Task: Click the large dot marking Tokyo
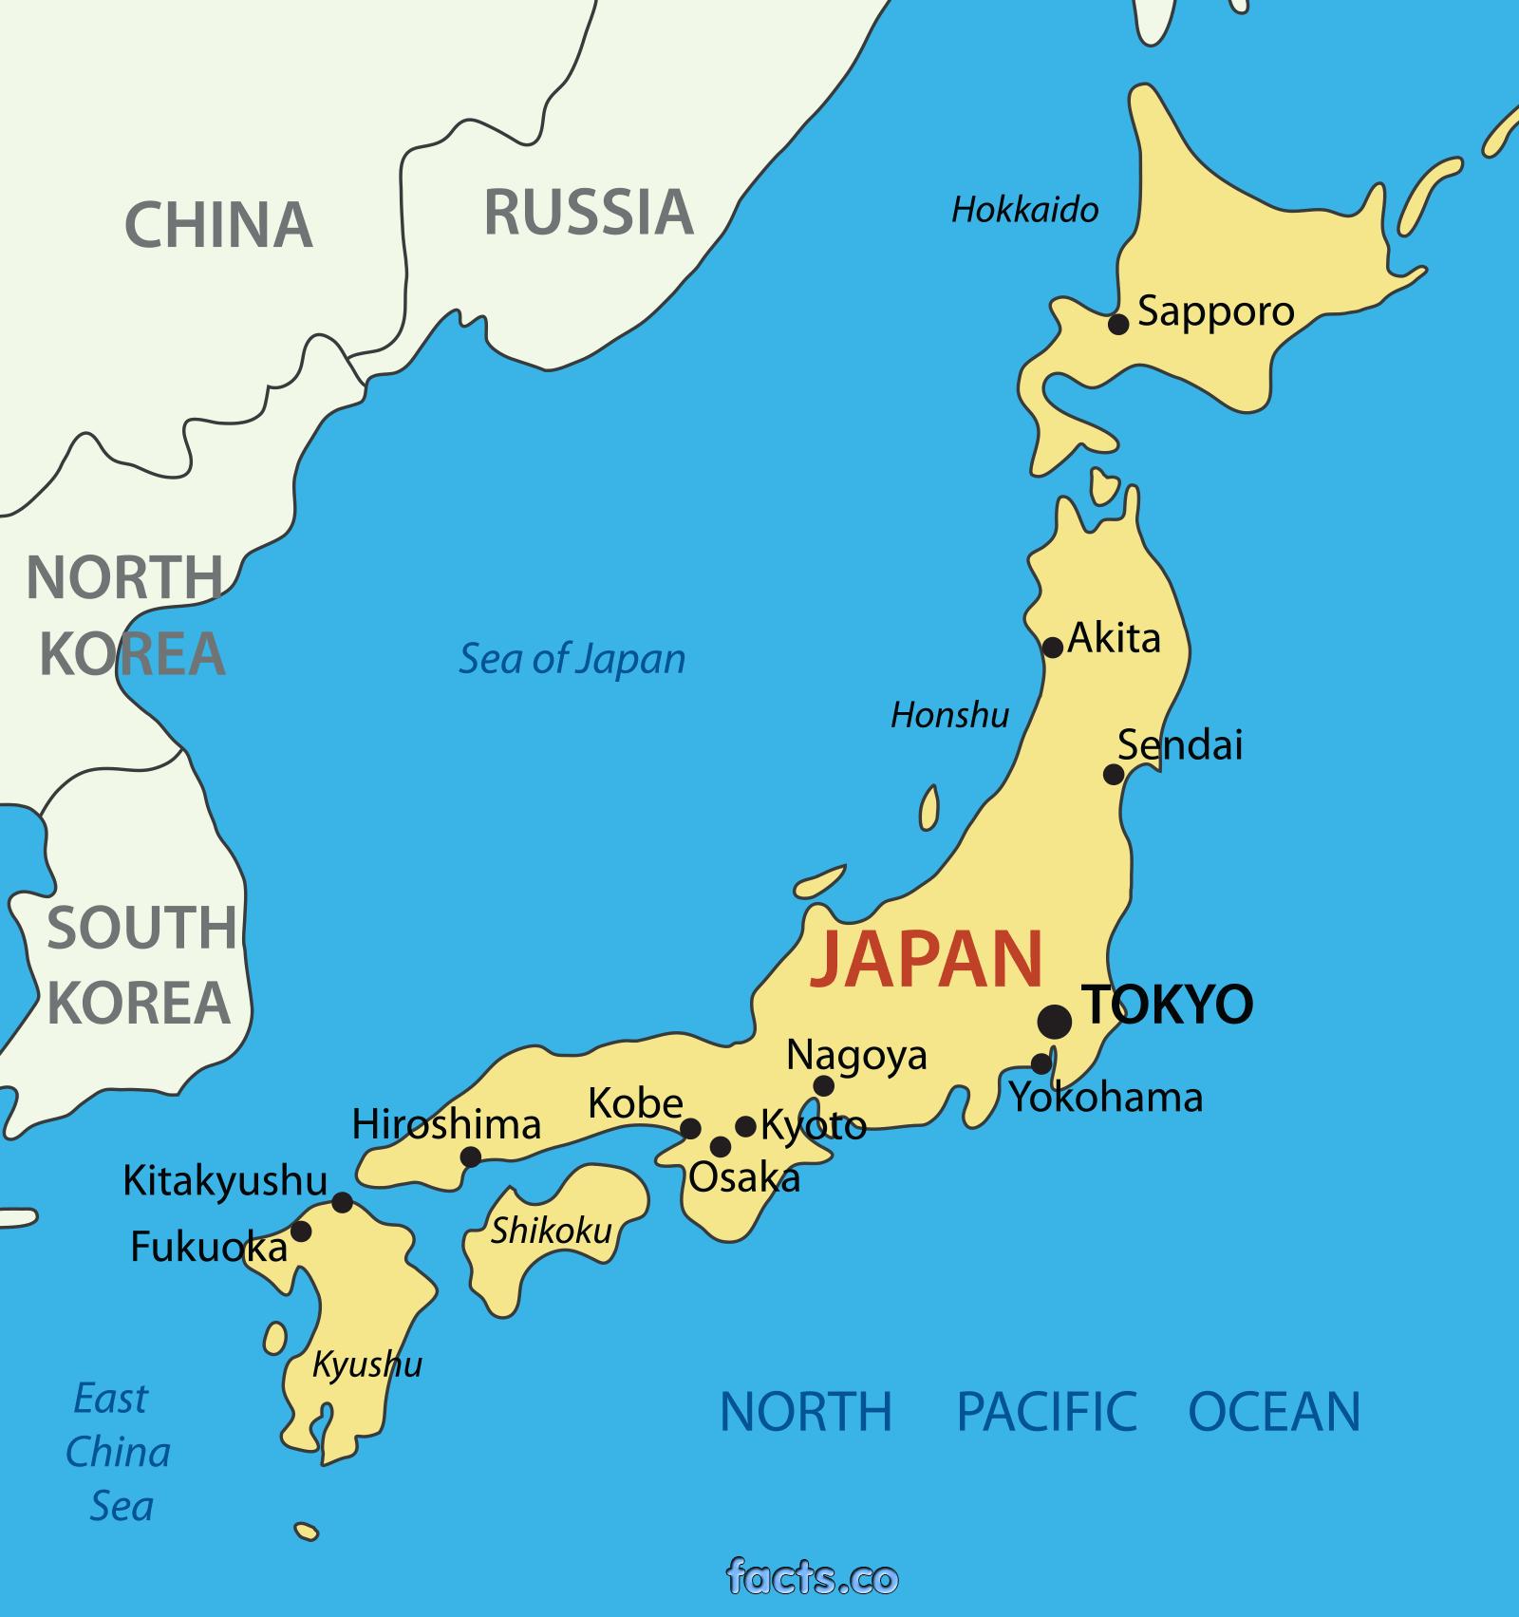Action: tap(1055, 1021)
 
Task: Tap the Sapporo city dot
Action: tap(1119, 324)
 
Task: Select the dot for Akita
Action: tap(1053, 648)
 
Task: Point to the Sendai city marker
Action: tap(1114, 774)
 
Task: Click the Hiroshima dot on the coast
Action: tap(470, 1156)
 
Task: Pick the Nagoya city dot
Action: tap(824, 1085)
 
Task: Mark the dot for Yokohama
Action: tap(1042, 1062)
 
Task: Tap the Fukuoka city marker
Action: tap(301, 1231)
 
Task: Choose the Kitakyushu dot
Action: tap(343, 1202)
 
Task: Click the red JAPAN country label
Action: tap(927, 959)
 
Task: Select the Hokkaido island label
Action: tap(1024, 210)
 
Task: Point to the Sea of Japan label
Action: tap(572, 659)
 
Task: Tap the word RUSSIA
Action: tap(589, 212)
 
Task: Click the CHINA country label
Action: tap(218, 225)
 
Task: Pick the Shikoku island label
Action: tap(551, 1231)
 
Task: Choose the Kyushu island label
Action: tap(367, 1365)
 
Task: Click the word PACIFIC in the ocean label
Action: tap(1046, 1411)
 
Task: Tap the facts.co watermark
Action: tap(812, 1576)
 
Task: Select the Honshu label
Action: tap(949, 715)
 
